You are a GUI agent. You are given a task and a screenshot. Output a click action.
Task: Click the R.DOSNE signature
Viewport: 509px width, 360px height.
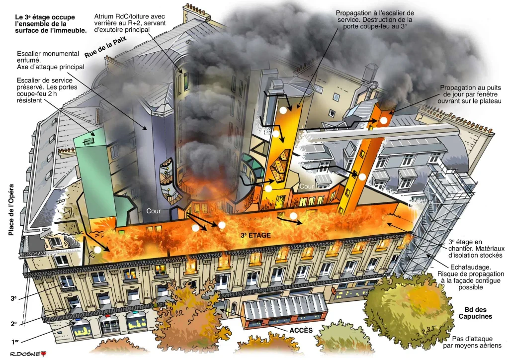click(x=19, y=354)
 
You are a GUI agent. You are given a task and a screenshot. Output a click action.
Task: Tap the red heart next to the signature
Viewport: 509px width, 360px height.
click(x=43, y=354)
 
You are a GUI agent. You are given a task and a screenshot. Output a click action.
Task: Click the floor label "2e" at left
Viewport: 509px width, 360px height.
click(x=14, y=323)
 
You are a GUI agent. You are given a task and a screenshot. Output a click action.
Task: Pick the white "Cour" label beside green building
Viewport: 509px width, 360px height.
click(x=154, y=211)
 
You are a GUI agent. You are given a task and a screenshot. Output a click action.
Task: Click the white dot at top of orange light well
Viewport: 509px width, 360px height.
click(x=384, y=120)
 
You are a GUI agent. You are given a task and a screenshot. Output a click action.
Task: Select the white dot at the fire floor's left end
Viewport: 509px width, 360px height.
click(x=98, y=250)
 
